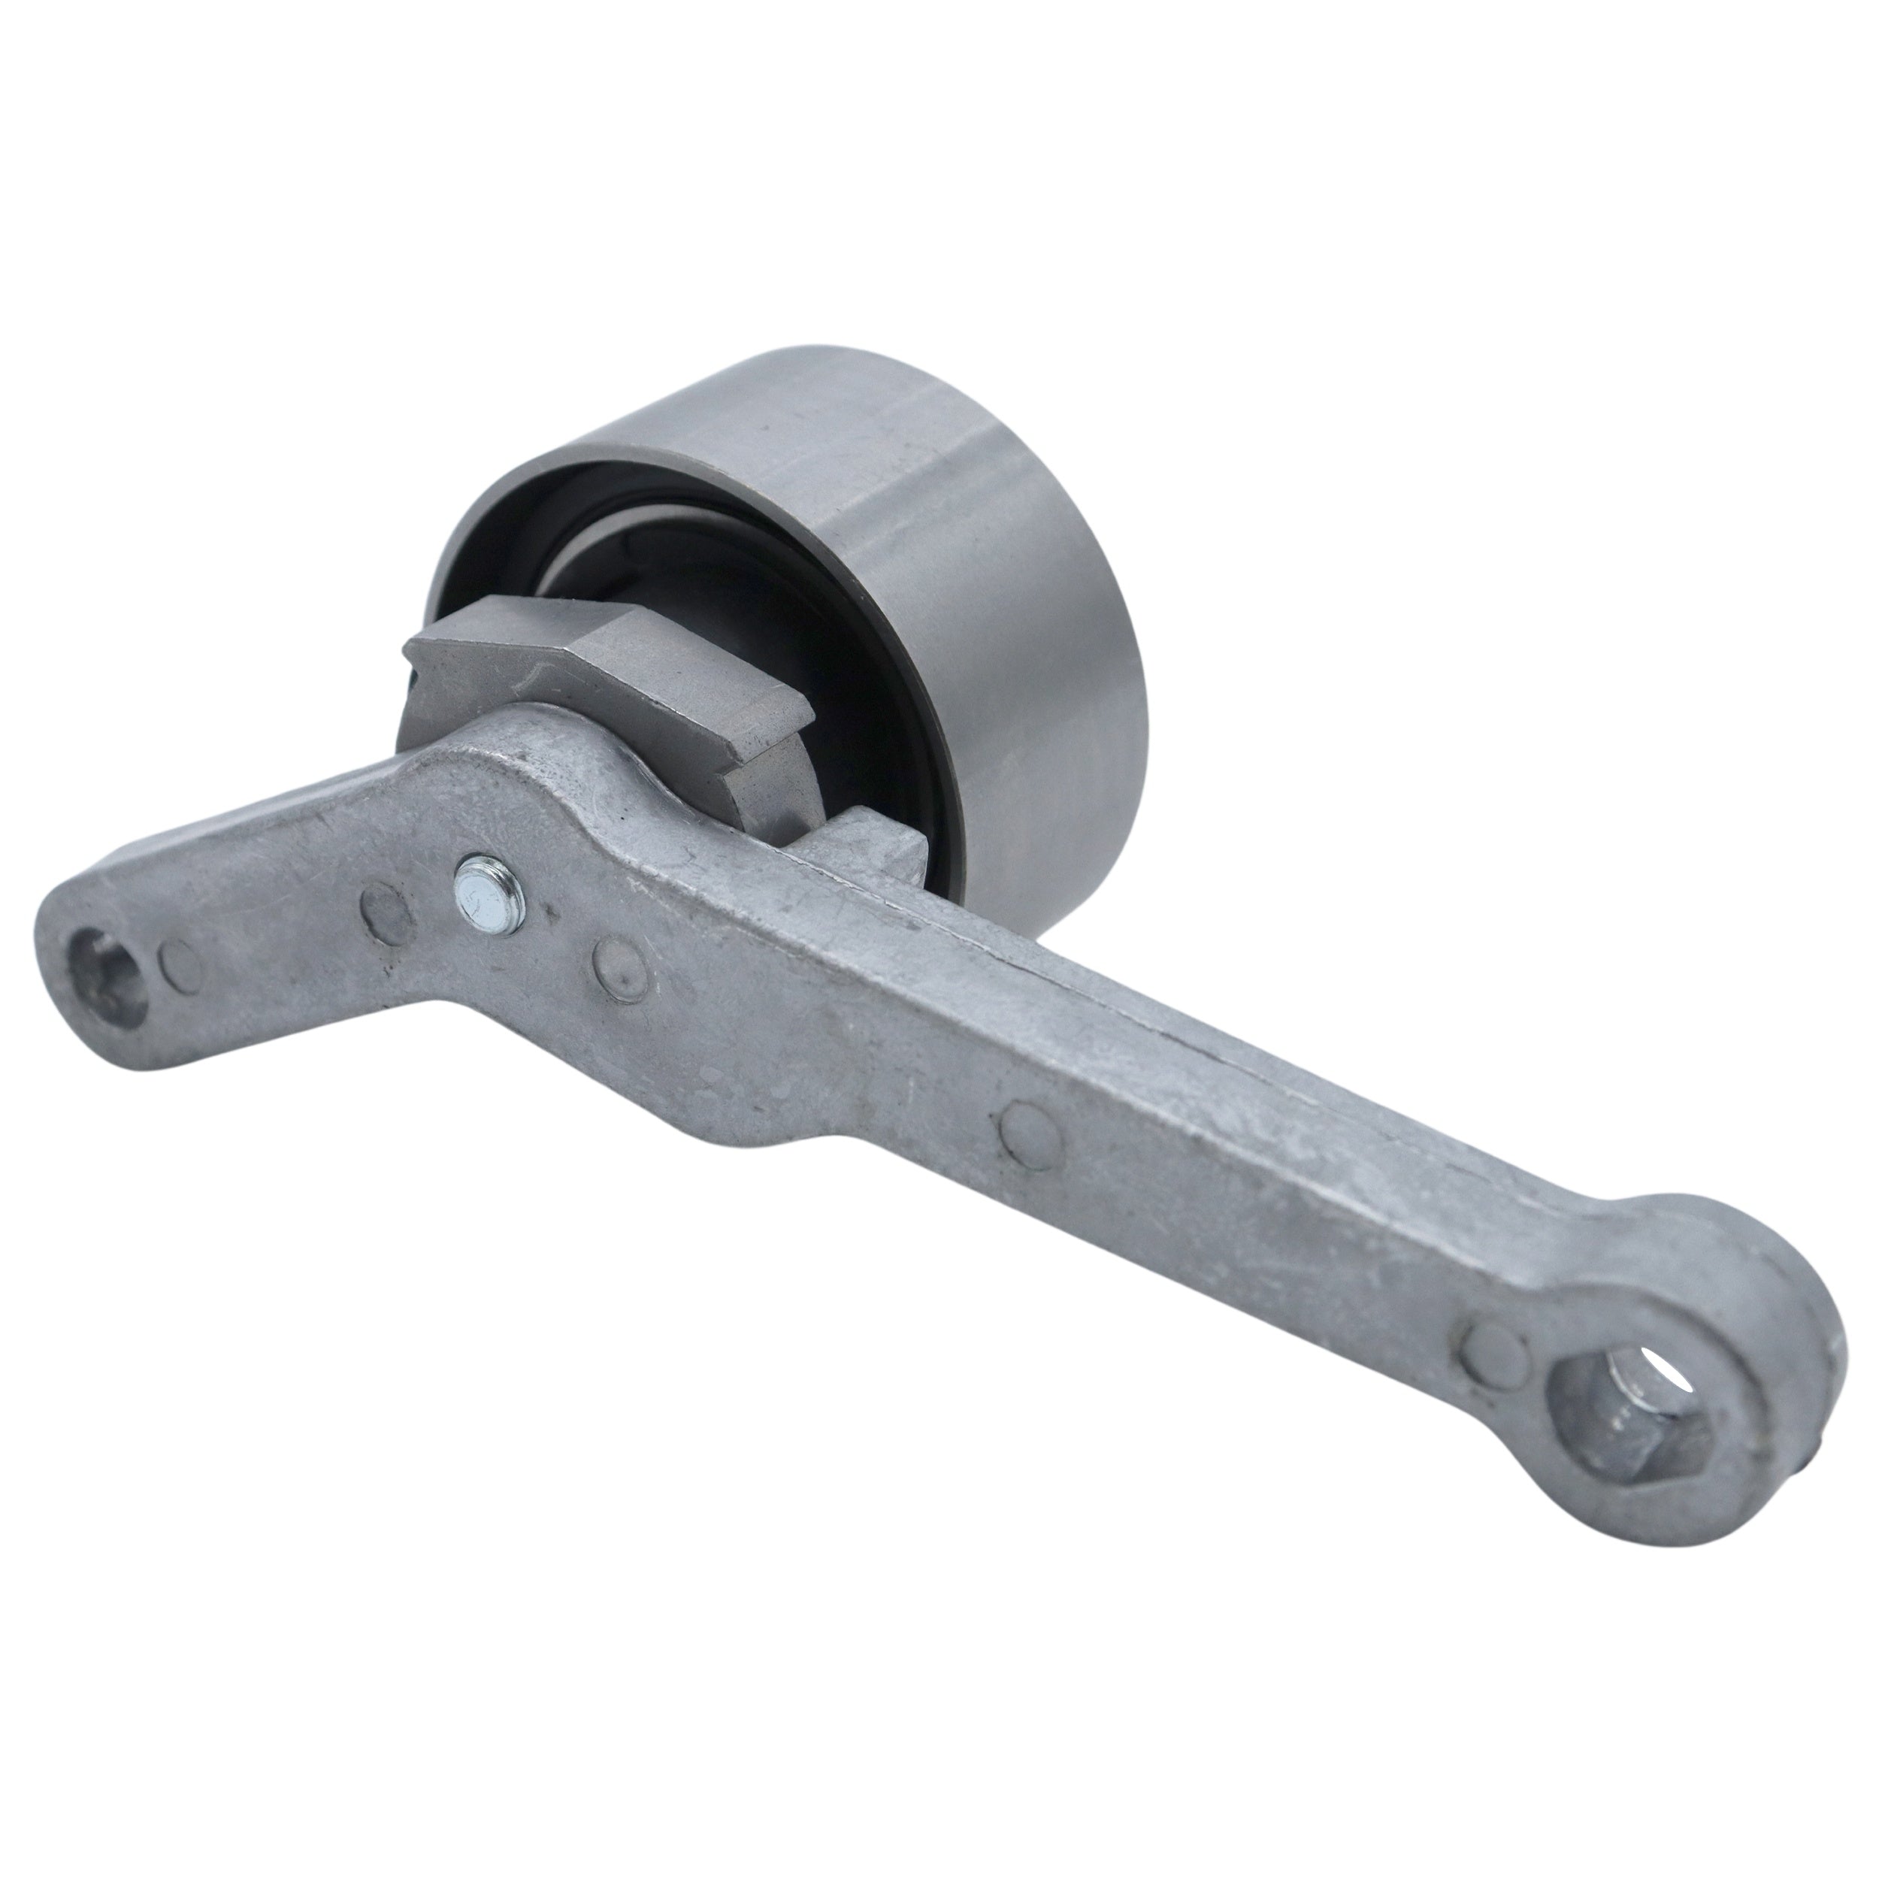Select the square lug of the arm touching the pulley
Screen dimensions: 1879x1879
tap(876, 856)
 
